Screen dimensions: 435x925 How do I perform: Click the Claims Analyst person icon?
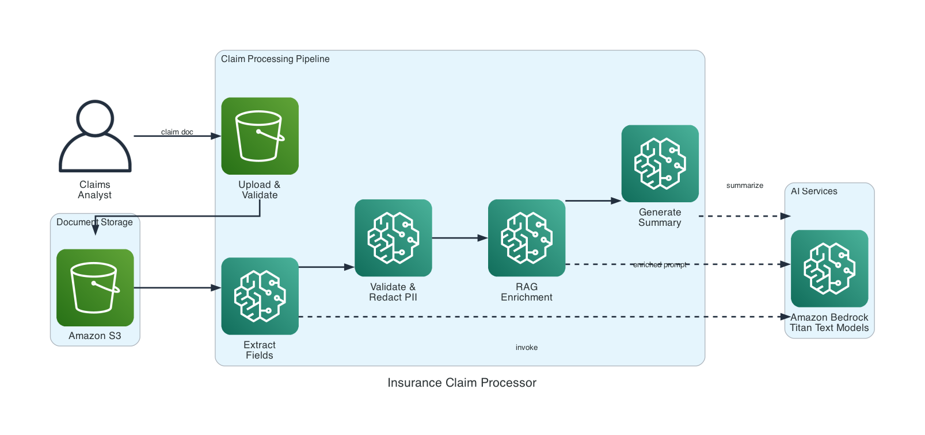click(95, 136)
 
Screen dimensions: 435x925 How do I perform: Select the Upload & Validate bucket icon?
click(260, 136)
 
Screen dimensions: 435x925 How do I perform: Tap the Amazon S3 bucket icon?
click(95, 287)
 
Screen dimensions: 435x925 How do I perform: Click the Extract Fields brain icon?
click(260, 296)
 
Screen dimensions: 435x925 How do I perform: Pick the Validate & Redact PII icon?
click(393, 238)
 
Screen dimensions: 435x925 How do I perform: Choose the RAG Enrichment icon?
click(526, 238)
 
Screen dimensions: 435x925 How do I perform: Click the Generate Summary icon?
click(660, 164)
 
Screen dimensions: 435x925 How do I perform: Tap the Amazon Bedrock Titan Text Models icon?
click(829, 268)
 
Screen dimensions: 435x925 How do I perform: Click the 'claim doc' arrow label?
click(177, 132)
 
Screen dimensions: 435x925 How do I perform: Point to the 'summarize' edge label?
click(744, 186)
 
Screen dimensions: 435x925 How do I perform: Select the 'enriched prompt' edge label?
click(660, 265)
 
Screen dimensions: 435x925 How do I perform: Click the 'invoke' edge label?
click(526, 348)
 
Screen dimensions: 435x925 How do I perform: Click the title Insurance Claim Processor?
click(462, 383)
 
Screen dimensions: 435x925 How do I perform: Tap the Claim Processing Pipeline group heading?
click(275, 59)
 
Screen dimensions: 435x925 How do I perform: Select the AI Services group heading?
click(813, 191)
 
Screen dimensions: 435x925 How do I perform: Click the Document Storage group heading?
click(94, 222)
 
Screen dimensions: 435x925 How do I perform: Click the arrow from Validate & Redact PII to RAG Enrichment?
click(459, 238)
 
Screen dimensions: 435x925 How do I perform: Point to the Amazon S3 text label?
click(95, 336)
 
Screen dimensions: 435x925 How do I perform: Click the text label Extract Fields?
click(260, 350)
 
